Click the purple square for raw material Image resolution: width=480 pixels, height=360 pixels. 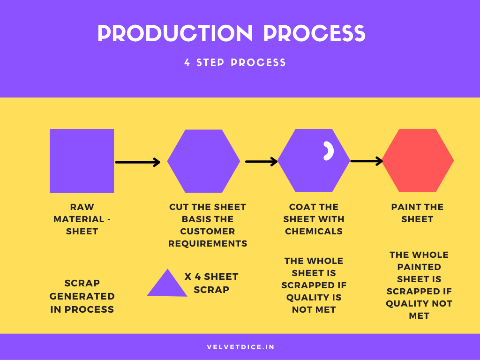(82, 161)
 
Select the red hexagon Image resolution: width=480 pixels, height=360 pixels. (418, 161)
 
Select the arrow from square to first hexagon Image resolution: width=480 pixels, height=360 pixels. (138, 162)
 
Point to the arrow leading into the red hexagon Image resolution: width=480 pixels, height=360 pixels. (367, 161)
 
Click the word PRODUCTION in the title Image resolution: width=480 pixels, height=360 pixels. (175, 33)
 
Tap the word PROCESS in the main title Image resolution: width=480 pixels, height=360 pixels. (315, 33)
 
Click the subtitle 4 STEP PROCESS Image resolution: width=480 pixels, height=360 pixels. (235, 62)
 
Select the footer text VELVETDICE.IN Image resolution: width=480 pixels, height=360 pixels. (240, 347)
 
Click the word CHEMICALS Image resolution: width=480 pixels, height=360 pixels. (314, 231)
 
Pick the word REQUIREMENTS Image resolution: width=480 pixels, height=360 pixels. (208, 243)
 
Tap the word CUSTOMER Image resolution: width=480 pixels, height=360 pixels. (208, 231)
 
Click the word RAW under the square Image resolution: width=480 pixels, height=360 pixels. (82, 207)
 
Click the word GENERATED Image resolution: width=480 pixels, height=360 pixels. (82, 296)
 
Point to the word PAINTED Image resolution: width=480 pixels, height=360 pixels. (419, 267)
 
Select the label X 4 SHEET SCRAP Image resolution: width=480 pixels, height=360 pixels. (211, 283)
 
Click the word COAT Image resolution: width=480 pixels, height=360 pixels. (300, 207)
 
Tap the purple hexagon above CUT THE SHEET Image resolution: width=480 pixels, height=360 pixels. (203, 161)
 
